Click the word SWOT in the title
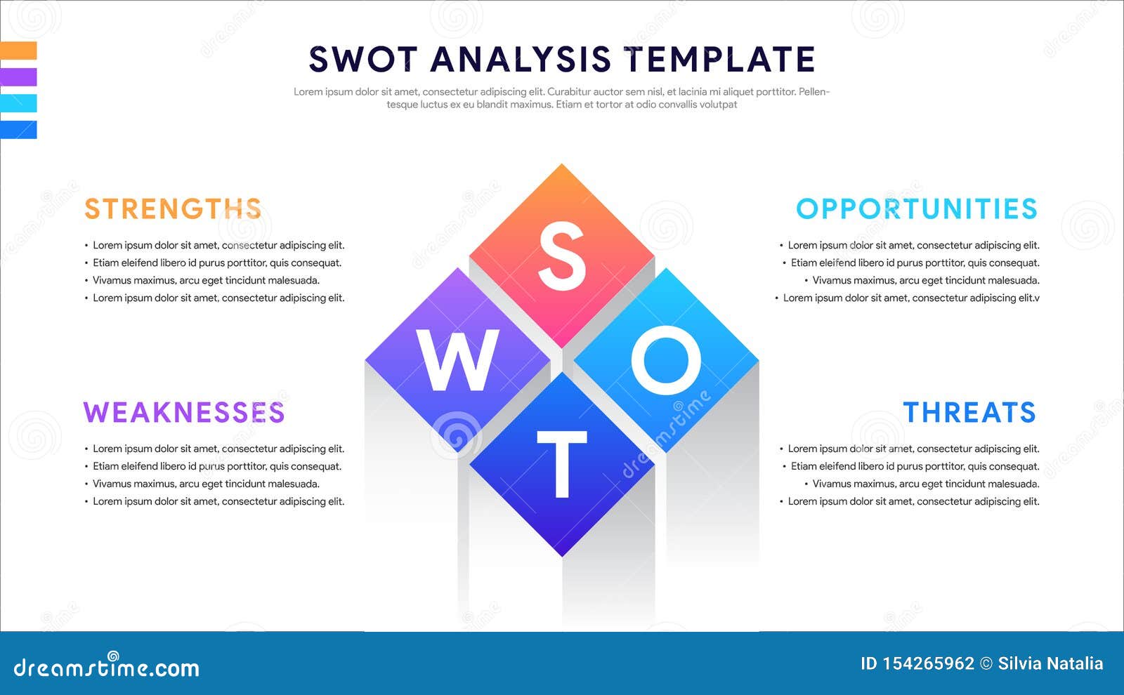point(363,60)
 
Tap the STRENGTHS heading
point(173,209)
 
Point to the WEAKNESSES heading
point(184,413)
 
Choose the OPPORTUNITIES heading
point(917,209)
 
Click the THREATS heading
point(969,413)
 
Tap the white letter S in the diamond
point(561,256)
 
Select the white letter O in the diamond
point(666,360)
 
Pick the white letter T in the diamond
point(561,464)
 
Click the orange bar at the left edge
point(18,51)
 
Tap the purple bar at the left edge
point(18,77)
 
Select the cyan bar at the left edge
point(18,103)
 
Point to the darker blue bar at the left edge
point(18,130)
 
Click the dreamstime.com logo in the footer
point(107,667)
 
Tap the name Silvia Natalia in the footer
point(1050,663)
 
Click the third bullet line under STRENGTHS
point(206,280)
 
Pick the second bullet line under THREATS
point(915,466)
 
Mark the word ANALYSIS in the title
point(521,60)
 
